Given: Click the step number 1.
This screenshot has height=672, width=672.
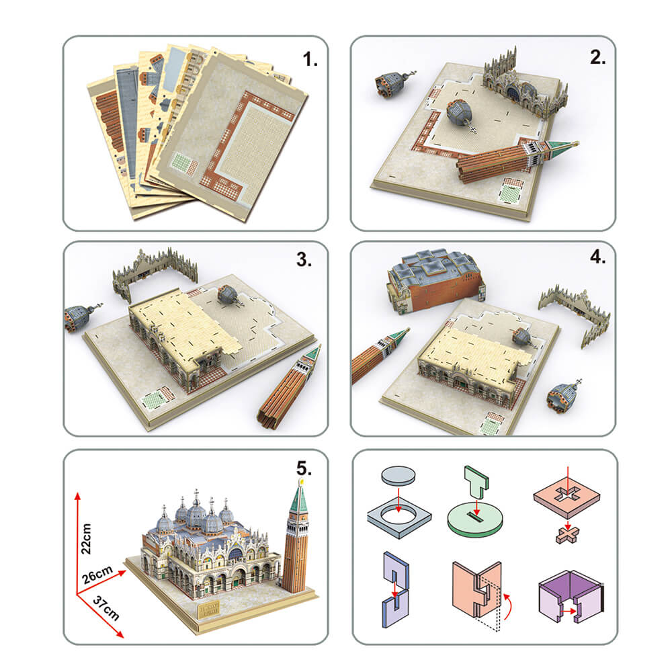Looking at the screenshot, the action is click(x=310, y=59).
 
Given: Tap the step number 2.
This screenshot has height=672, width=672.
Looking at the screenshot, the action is click(x=597, y=57).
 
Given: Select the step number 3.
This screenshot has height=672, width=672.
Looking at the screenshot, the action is click(x=304, y=259).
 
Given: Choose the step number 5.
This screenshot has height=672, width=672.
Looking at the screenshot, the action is click(x=304, y=468).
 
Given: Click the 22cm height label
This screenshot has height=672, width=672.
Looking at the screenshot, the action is click(x=86, y=539).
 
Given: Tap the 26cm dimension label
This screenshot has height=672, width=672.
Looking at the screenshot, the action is click(x=97, y=575).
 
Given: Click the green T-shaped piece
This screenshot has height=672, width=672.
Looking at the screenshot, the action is click(x=476, y=481).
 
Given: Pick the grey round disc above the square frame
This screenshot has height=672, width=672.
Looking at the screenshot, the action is click(x=398, y=475).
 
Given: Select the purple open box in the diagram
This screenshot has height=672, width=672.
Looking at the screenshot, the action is click(x=571, y=595).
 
